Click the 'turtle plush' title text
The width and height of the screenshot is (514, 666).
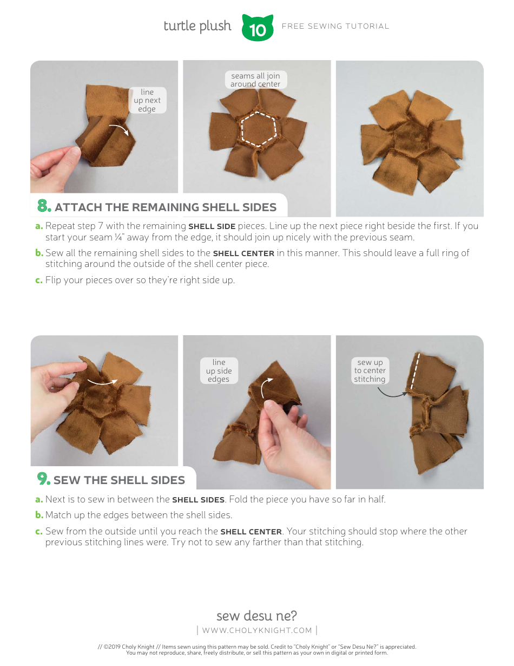pos(197,26)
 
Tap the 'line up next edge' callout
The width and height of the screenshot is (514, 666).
pos(147,101)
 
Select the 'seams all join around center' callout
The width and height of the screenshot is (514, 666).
pos(255,80)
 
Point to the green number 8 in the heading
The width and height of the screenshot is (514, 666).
pos(44,206)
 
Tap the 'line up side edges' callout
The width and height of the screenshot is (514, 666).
pos(219,371)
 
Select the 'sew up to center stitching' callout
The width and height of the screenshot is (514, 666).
pos(370,371)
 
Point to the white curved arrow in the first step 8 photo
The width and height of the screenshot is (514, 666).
pos(119,129)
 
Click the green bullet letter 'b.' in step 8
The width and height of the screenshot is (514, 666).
pos(39,253)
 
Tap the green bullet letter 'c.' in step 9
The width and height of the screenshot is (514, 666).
pos(39,531)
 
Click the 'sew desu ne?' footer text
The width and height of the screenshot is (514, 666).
pos(256,616)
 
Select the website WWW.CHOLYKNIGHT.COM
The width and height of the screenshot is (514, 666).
pos(257,630)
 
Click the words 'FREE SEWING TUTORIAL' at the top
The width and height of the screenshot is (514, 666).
pos(335,26)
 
